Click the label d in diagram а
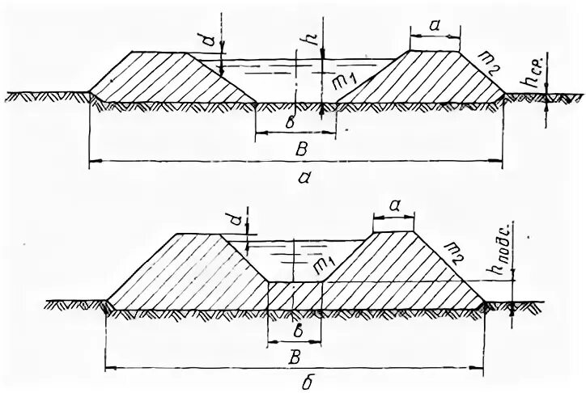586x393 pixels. coord(210,36)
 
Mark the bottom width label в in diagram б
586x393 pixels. coord(295,333)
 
